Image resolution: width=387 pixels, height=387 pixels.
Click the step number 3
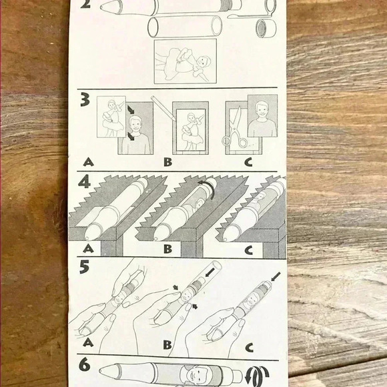click(85, 101)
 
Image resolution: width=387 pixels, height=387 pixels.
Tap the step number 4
click(85, 183)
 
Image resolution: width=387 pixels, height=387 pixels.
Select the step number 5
click(84, 267)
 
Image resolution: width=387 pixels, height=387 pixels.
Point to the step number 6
click(85, 365)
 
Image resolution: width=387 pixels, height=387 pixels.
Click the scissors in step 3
click(234, 128)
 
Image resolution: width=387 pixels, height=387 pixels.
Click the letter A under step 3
click(88, 162)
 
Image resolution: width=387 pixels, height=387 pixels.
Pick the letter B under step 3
click(168, 162)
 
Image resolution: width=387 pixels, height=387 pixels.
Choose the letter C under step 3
click(248, 162)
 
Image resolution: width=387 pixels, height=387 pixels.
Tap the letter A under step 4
click(88, 248)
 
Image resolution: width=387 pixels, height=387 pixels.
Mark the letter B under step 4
click(168, 249)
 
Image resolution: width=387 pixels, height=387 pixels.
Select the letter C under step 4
click(249, 250)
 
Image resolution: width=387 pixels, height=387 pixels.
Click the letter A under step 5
click(88, 342)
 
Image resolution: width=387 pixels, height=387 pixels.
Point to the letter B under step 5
click(167, 345)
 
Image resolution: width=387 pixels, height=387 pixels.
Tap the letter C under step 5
click(250, 348)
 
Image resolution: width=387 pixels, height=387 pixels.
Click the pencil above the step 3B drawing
click(163, 108)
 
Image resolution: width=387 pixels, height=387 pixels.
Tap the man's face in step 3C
click(262, 110)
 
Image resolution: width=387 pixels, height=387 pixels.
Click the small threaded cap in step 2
click(266, 28)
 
